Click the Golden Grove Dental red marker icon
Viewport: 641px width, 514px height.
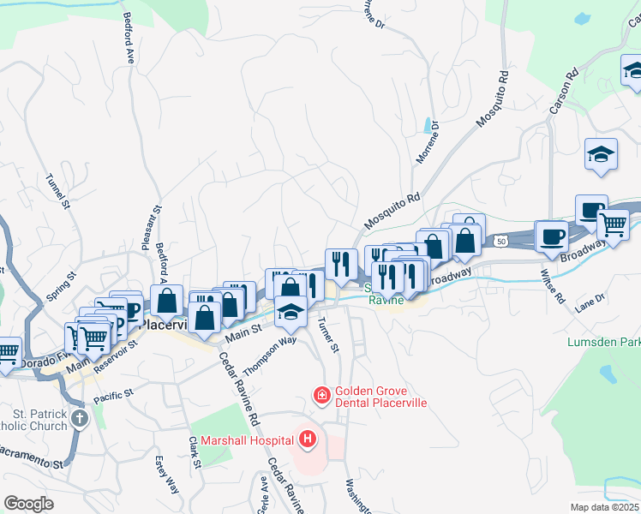(x=321, y=395)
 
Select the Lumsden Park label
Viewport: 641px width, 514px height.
(x=603, y=342)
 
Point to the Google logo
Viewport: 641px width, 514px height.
(x=28, y=504)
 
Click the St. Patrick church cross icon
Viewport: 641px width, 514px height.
(x=80, y=418)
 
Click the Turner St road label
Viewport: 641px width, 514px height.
(x=328, y=335)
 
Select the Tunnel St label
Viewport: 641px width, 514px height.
(x=57, y=190)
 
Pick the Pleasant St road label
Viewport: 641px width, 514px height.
(x=157, y=226)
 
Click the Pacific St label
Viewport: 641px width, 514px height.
(x=114, y=395)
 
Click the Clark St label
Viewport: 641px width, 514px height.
(x=195, y=452)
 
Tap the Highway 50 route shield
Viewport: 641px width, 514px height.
(x=512, y=243)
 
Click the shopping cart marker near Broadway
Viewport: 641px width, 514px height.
(x=613, y=224)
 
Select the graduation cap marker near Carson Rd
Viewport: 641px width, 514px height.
(x=602, y=154)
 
